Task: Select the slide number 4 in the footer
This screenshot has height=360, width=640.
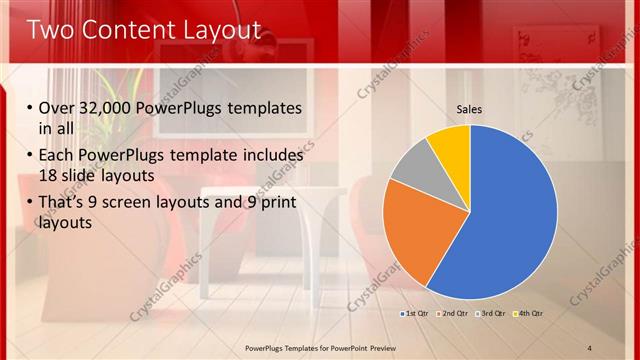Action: pyautogui.click(x=590, y=347)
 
